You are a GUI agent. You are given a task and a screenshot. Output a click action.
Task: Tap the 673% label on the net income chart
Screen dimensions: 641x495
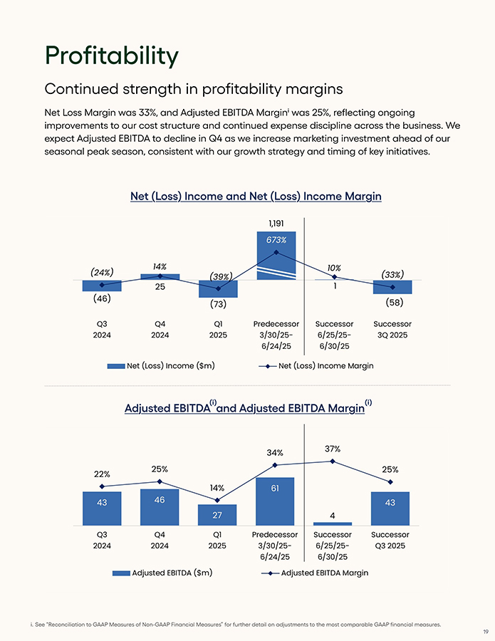point(276,240)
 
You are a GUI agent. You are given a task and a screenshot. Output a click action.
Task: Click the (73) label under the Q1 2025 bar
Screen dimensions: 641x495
point(218,305)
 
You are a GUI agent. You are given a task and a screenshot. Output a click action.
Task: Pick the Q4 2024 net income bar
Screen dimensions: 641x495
point(160,277)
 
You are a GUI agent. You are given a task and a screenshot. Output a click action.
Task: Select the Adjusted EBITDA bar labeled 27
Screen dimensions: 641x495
point(218,515)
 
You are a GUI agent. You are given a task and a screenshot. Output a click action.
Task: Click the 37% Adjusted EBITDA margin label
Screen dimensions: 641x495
point(333,449)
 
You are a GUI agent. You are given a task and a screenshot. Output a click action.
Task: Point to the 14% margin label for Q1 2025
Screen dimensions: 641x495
point(217,488)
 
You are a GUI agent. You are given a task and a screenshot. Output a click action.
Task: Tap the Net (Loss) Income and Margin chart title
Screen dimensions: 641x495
point(256,196)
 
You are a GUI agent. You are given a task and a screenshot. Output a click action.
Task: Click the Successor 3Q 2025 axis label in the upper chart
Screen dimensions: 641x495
point(392,329)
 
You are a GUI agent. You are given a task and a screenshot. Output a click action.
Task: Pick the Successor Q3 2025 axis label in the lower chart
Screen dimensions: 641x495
point(390,540)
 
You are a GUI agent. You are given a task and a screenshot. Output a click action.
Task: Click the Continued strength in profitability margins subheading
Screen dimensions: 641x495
point(194,89)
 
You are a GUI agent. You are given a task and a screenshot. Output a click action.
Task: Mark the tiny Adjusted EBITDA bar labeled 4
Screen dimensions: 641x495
point(333,523)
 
